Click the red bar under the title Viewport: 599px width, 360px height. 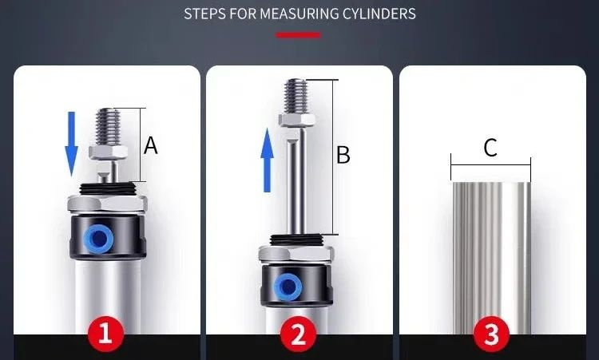click(298, 35)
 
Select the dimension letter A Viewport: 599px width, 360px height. click(150, 145)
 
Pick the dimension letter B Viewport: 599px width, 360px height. click(343, 156)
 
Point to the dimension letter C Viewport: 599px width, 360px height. click(490, 148)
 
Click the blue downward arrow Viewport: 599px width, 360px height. click(71, 144)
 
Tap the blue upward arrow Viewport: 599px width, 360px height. click(268, 160)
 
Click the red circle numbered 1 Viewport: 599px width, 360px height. click(105, 334)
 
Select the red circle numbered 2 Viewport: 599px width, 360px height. click(299, 334)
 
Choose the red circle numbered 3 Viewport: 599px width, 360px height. click(491, 334)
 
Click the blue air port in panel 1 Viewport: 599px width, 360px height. click(98, 239)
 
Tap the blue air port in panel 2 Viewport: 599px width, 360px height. click(288, 287)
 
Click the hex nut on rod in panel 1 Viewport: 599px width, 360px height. click(108, 152)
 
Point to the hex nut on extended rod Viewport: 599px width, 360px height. click(297, 120)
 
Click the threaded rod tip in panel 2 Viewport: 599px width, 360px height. click(296, 96)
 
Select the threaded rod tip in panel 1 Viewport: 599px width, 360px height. click(108, 126)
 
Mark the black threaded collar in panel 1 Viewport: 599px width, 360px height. click(107, 188)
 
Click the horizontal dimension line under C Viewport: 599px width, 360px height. click(490, 165)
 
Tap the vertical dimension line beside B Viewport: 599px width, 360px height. click(332, 157)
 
